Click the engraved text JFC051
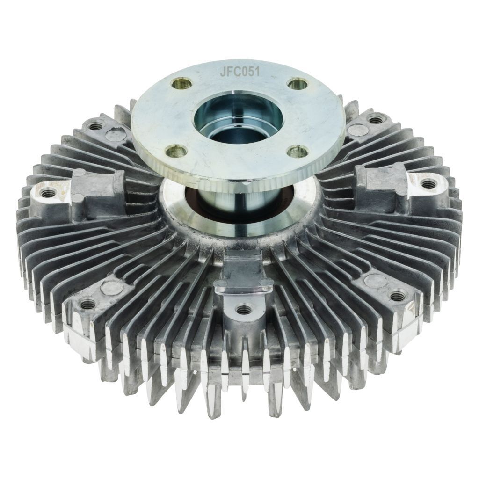pyautogui.click(x=240, y=72)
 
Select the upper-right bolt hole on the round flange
pyautogui.click(x=297, y=83)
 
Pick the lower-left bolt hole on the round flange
pyautogui.click(x=176, y=150)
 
